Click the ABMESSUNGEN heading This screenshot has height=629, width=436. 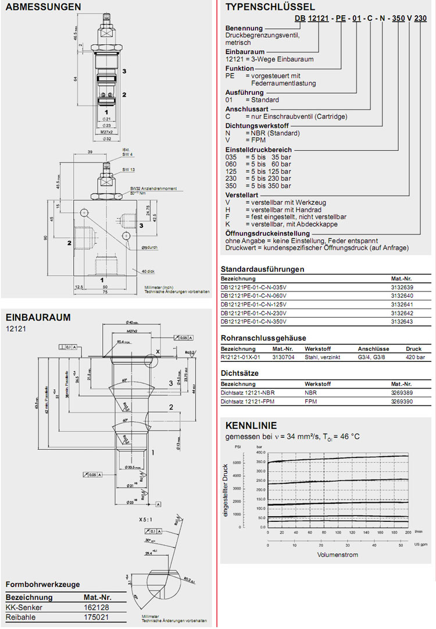coord(43,8)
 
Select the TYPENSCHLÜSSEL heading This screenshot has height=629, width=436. coord(270,7)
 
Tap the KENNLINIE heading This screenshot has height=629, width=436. coord(251,425)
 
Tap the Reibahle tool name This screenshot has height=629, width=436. coord(20,616)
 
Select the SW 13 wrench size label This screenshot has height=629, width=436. coord(128,169)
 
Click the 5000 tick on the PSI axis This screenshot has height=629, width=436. coord(237,463)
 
